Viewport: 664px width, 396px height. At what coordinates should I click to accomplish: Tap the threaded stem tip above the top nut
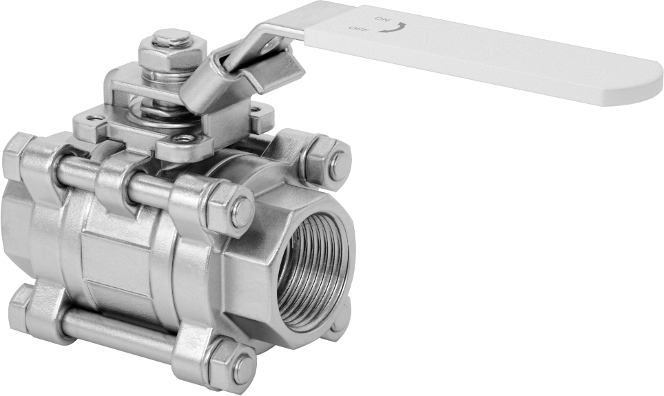coord(172,37)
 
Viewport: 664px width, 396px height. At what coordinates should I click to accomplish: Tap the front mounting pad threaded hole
coord(183,138)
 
